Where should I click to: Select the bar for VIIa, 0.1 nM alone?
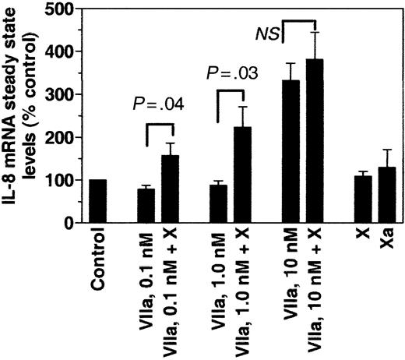point(146,206)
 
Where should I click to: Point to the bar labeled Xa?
point(386,195)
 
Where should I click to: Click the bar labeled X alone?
point(362,199)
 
